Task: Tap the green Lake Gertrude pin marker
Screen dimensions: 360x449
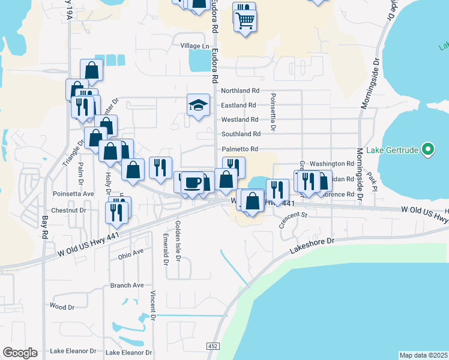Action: click(x=427, y=148)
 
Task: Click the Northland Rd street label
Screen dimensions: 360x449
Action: click(x=240, y=91)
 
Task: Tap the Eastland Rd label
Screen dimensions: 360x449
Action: click(x=239, y=105)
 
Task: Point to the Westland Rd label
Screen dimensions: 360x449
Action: click(x=240, y=119)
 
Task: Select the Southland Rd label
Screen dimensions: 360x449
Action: click(x=241, y=134)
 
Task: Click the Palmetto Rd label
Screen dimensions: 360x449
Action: click(x=240, y=149)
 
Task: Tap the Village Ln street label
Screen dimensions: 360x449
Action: click(x=194, y=46)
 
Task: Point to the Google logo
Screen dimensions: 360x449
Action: click(x=20, y=352)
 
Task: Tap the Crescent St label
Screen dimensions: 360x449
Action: click(x=292, y=218)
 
